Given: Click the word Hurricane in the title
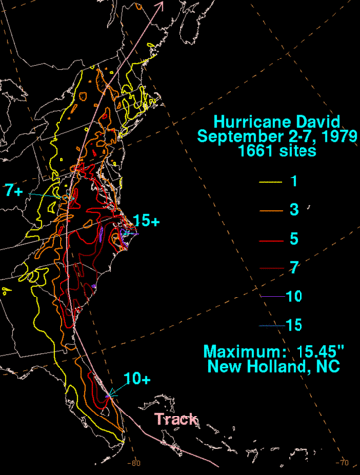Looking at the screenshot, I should click(243, 117).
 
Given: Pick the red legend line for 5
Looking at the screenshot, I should click(269, 239).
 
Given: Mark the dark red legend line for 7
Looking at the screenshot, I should click(269, 267).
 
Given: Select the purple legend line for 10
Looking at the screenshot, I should click(269, 295).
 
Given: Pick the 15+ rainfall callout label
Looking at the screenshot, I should click(145, 221).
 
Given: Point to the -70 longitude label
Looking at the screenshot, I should click(343, 463).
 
